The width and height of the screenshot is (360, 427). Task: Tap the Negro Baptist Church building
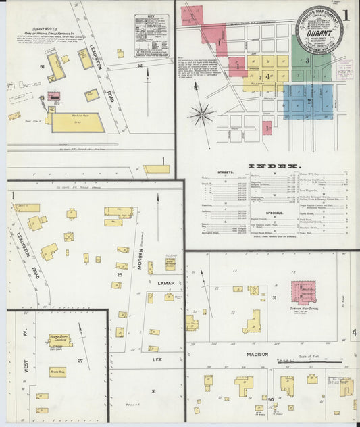click(60, 341)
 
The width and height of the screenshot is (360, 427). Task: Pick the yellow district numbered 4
click(268, 76)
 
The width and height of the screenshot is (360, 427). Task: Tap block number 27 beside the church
click(80, 361)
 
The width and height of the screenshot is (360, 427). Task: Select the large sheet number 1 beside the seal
click(346, 14)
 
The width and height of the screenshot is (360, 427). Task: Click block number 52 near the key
click(140, 66)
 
